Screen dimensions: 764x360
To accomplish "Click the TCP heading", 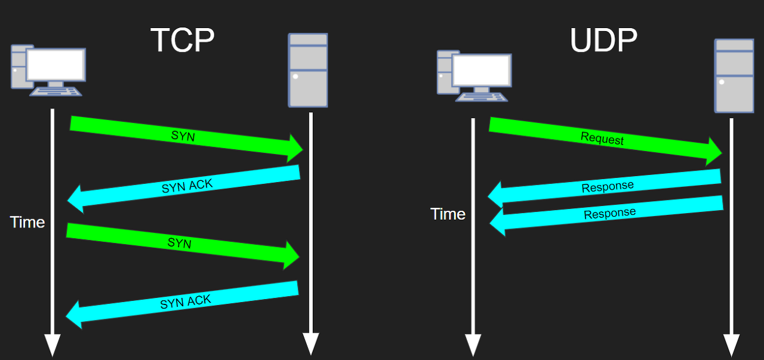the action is [x=182, y=41].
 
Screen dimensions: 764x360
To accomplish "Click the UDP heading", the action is [x=603, y=41].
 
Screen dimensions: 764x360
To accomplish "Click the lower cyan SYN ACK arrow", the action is [x=185, y=303].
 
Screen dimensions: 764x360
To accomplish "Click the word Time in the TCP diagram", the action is [x=27, y=223].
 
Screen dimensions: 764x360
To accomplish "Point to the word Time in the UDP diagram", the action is [x=448, y=214].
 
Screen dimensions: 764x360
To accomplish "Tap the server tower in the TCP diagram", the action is [x=308, y=70].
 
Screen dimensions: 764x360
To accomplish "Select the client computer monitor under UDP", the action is [x=481, y=70].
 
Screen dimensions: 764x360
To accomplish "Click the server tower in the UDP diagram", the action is [x=734, y=75].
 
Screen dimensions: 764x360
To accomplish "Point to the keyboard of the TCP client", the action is [x=56, y=91].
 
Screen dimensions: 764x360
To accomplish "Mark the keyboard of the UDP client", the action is [x=481, y=96].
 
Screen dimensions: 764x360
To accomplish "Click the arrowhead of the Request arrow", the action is [x=714, y=152].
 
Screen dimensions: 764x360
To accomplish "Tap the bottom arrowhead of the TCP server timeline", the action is [x=311, y=344].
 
